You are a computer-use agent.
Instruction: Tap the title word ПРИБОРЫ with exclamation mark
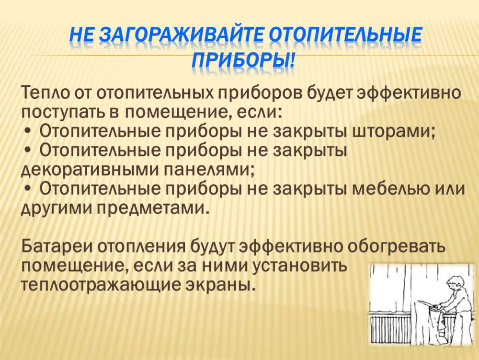243,59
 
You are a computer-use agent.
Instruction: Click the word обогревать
396,246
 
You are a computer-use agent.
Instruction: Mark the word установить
300,266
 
